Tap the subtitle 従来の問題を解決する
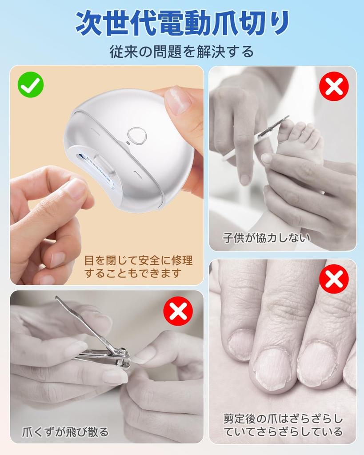[x=182, y=52]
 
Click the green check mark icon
[x=31, y=85]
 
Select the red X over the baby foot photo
[x=334, y=86]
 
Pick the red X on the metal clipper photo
[x=178, y=311]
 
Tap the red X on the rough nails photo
[x=334, y=279]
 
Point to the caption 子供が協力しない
[x=266, y=238]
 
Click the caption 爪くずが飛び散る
[x=65, y=431]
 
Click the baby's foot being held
[x=302, y=142]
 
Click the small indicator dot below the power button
[x=128, y=143]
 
